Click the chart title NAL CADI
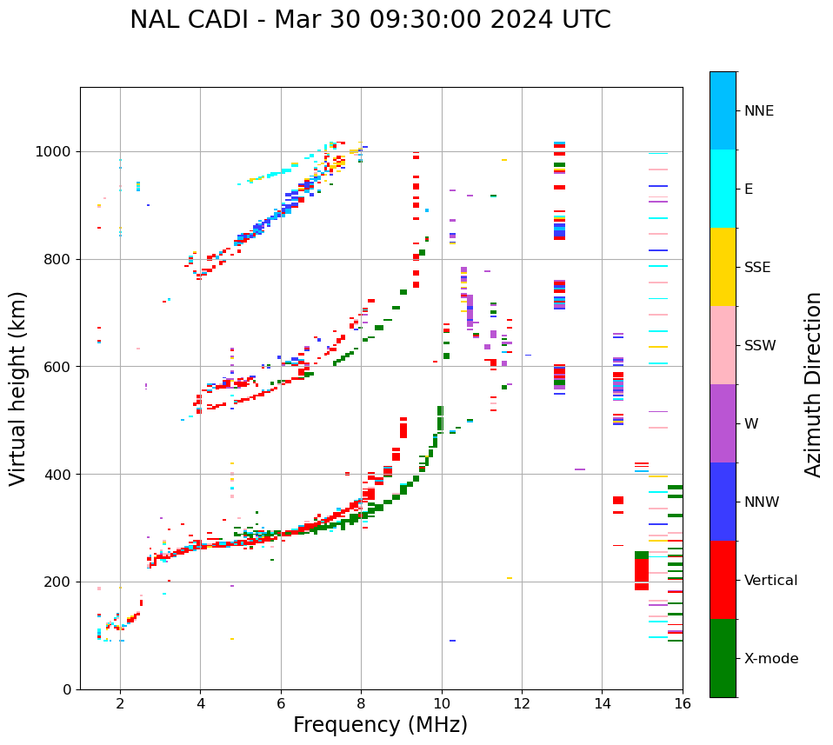[x=370, y=20]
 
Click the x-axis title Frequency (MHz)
[x=380, y=725]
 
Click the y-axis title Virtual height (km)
[x=18, y=388]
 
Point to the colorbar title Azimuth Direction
[x=813, y=384]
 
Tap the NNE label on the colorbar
[x=758, y=111]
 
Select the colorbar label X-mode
[x=770, y=659]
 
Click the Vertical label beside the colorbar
[x=770, y=581]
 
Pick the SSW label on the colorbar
[x=760, y=346]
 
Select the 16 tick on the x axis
[x=682, y=703]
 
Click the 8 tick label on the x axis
[x=361, y=703]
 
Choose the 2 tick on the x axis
[x=120, y=703]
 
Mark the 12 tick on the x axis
[x=522, y=703]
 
